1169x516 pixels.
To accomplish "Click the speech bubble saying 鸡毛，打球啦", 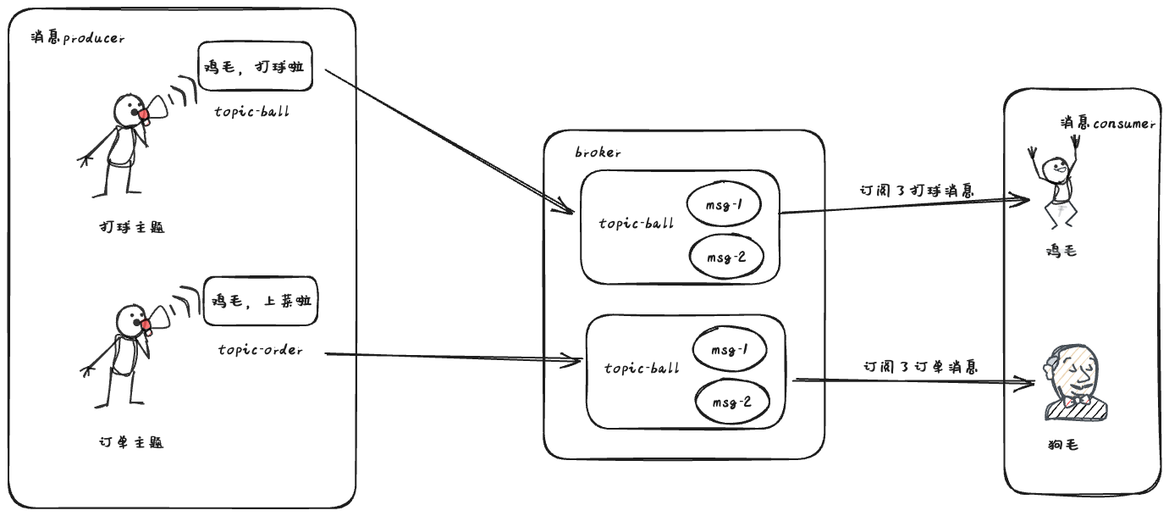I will (255, 67).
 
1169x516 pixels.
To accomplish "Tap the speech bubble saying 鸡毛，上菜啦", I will (262, 301).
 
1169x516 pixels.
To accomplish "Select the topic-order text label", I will (260, 350).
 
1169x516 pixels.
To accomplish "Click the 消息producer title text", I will (77, 38).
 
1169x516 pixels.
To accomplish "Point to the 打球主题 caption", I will (130, 227).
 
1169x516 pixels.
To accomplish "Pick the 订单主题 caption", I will (130, 442).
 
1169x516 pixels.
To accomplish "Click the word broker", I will (598, 153).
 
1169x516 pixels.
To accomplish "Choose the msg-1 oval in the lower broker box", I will (729, 349).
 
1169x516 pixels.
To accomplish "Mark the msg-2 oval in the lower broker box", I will (731, 401).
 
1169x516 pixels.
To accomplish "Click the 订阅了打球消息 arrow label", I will (915, 191).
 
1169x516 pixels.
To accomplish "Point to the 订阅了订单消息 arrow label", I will (920, 368).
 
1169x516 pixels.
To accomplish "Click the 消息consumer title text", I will (1107, 124).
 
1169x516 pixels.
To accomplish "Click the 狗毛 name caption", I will (1061, 446).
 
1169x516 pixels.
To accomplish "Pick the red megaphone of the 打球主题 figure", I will (145, 114).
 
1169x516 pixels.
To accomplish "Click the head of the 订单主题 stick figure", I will (129, 318).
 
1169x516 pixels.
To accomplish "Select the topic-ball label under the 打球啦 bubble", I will (251, 111).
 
